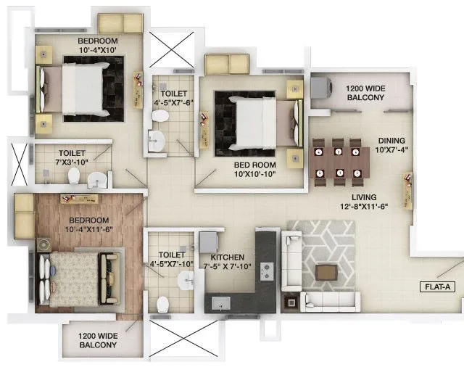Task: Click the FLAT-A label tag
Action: point(437,286)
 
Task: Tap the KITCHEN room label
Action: point(228,257)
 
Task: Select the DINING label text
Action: point(390,141)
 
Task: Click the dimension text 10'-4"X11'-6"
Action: point(89,229)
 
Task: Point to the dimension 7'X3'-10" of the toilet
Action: point(72,162)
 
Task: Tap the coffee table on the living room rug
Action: point(326,272)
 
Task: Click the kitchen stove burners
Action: point(266,270)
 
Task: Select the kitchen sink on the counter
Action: point(220,302)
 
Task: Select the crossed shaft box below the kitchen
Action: point(178,339)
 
